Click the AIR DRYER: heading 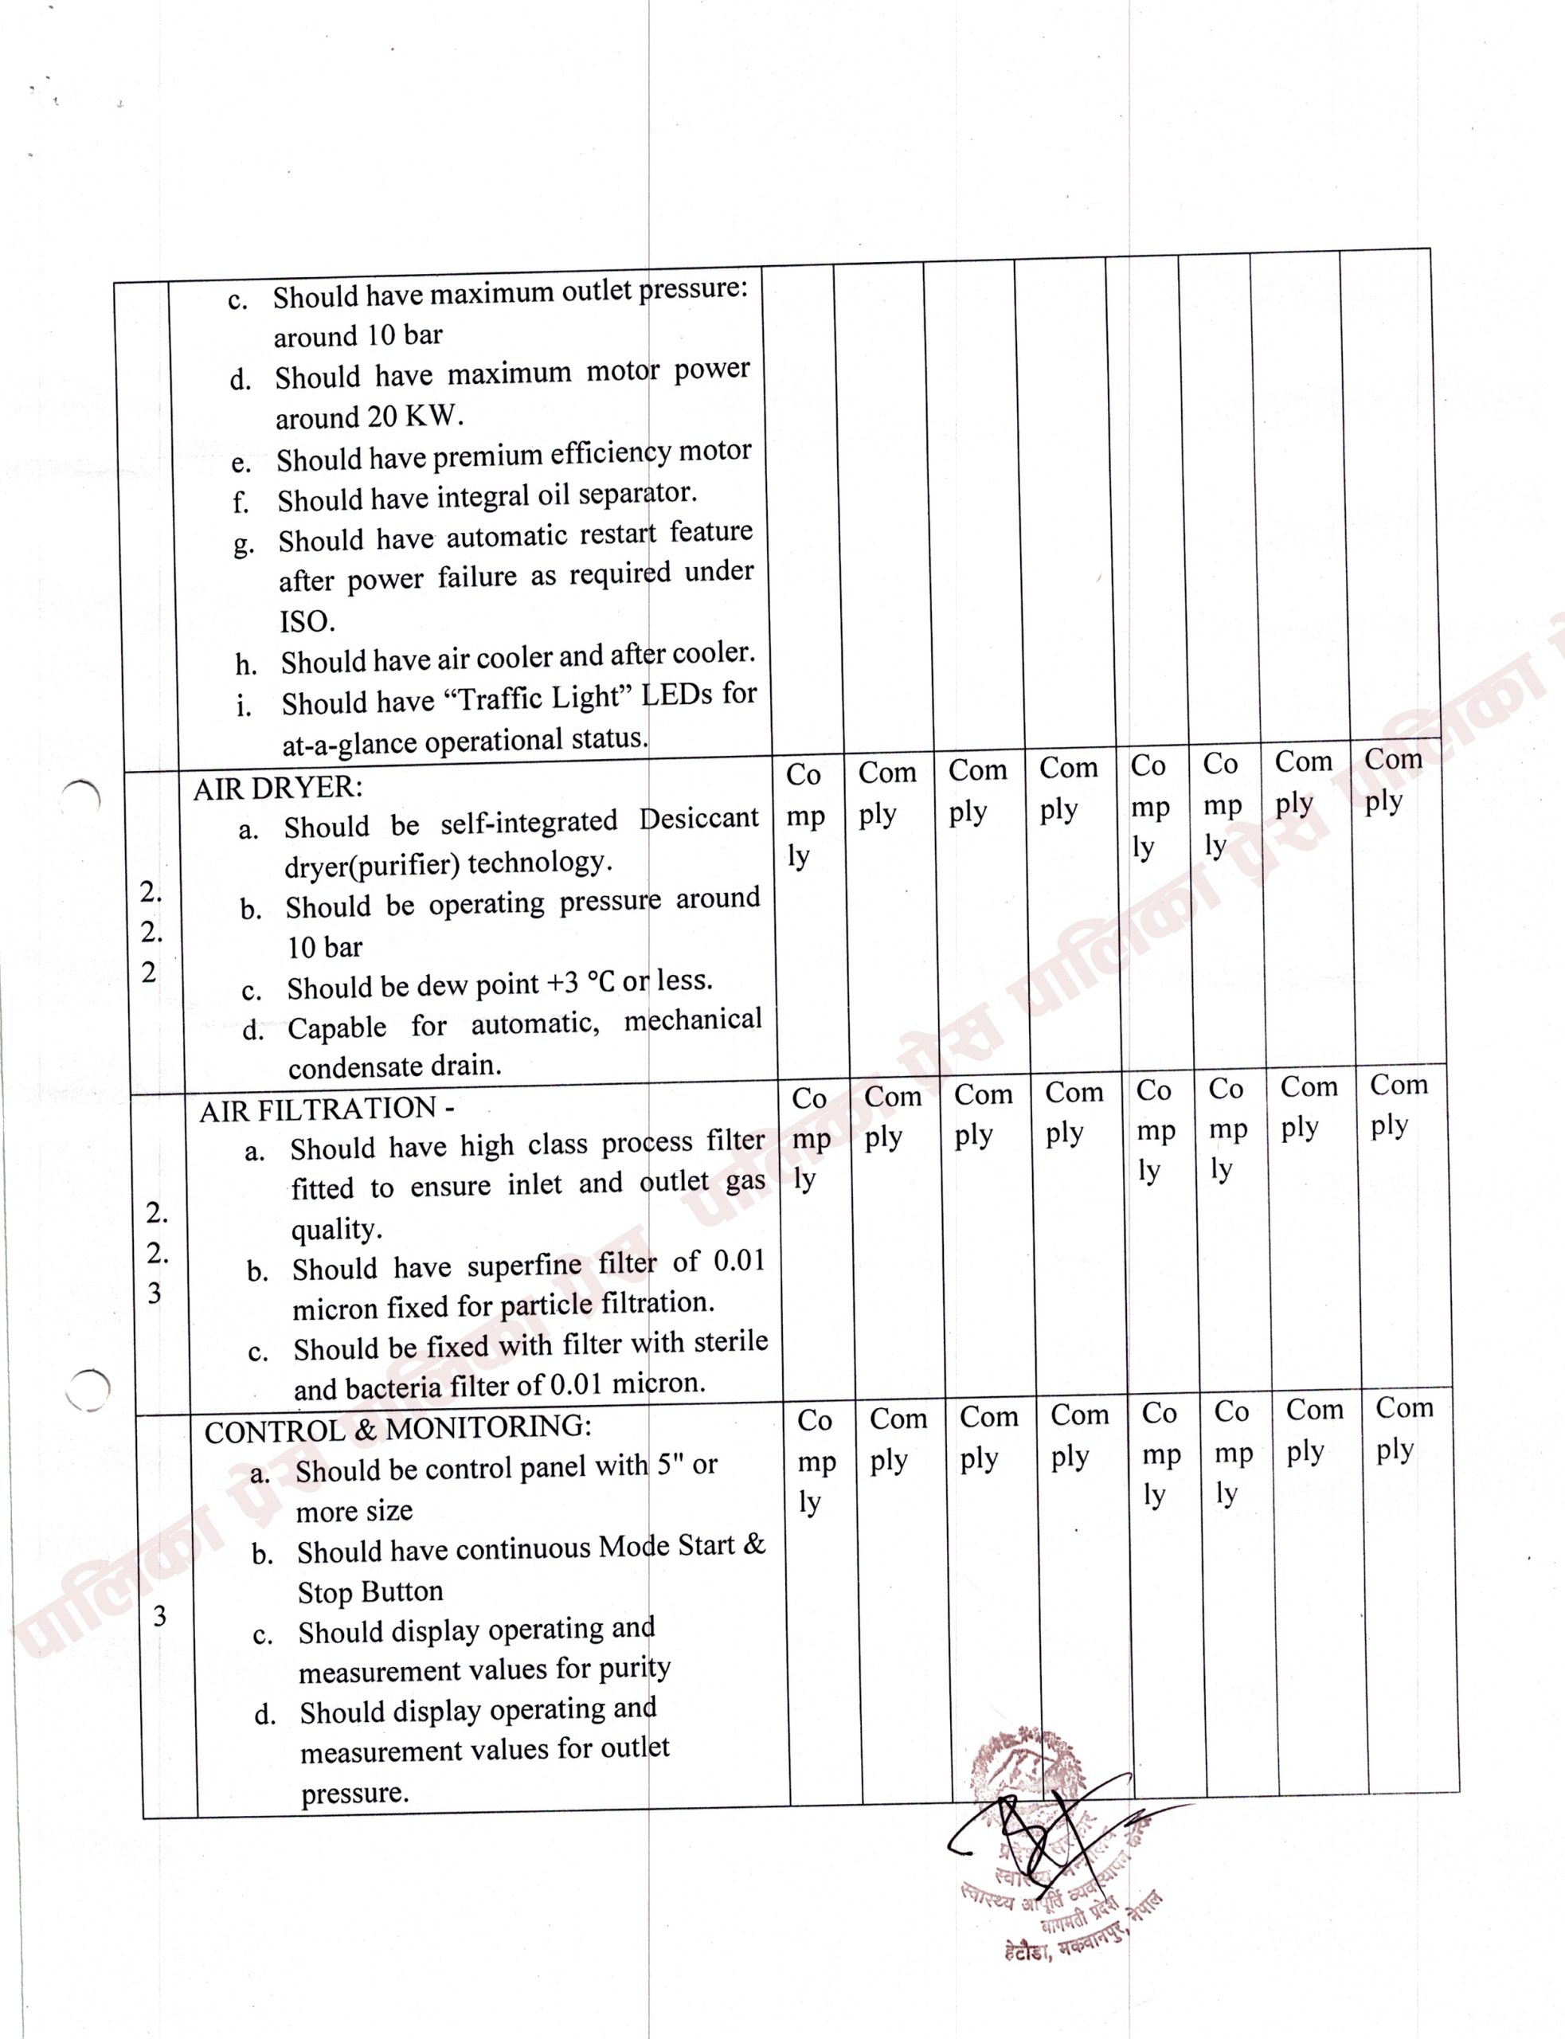tap(278, 788)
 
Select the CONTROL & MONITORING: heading tap(397, 1430)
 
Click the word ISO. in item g tap(307, 620)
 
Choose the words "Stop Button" tap(370, 1592)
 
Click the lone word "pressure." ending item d tap(355, 1793)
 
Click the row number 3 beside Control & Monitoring tap(159, 1615)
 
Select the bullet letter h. tap(246, 665)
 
